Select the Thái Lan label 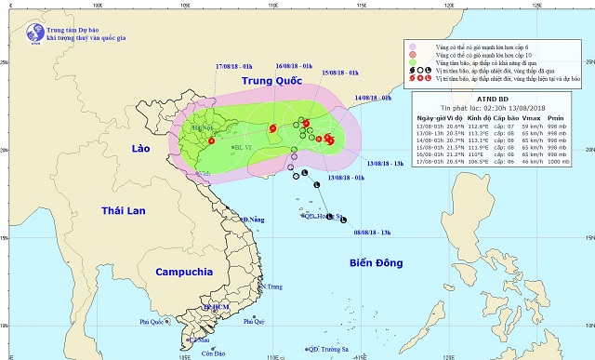[123, 210]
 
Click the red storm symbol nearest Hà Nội [212, 142]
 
